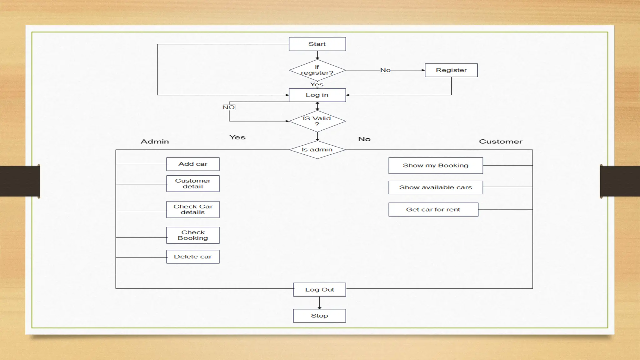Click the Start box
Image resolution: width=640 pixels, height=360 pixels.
(x=317, y=44)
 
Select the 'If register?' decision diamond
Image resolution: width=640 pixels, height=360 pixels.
(x=317, y=70)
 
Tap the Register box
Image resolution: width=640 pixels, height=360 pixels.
(x=451, y=70)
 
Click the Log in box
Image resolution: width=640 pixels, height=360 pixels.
(x=317, y=95)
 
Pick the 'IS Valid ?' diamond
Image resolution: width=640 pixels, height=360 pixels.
(x=317, y=121)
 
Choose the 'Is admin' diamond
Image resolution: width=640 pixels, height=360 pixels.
(x=317, y=150)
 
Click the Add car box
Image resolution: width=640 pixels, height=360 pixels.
(x=193, y=164)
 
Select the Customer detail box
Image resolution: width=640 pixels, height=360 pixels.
(x=193, y=183)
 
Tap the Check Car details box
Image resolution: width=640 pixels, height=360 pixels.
(x=193, y=209)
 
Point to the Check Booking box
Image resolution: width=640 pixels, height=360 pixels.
(x=193, y=235)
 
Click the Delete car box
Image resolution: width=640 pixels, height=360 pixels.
(x=193, y=257)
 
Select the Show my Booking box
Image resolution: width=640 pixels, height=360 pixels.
(x=436, y=166)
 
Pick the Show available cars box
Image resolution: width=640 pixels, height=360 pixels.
(x=436, y=187)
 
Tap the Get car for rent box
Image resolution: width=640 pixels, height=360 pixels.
(x=433, y=210)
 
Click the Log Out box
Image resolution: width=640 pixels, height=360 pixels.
(x=319, y=290)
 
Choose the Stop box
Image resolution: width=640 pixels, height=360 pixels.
(x=319, y=316)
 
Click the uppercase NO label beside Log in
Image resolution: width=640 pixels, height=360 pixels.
(x=229, y=107)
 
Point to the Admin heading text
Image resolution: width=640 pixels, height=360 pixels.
(x=155, y=142)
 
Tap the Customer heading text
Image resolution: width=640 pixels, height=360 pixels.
(x=501, y=142)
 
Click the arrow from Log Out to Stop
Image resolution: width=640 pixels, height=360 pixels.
(x=319, y=302)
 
